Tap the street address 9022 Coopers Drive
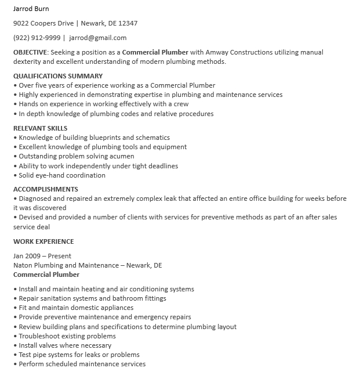43,23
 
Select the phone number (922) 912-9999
37,38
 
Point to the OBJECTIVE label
30,52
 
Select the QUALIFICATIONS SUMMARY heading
58,76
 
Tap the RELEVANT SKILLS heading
40,128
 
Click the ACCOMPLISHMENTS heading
46,189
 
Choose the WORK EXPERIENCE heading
43,241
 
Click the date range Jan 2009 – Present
42,256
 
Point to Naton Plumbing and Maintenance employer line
88,265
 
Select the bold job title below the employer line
46,275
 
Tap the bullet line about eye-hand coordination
61,175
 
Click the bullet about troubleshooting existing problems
67,336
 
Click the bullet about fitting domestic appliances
76,308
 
